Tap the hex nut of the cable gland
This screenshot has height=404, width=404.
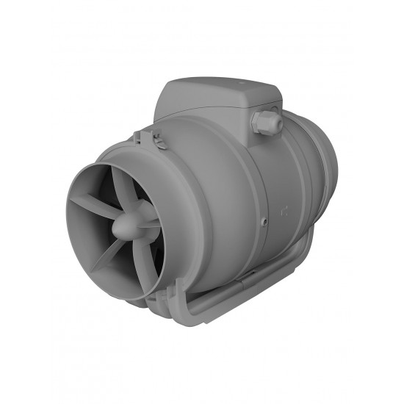pyautogui.click(x=260, y=123)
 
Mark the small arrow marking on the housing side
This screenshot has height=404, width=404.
pyautogui.click(x=284, y=212)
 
